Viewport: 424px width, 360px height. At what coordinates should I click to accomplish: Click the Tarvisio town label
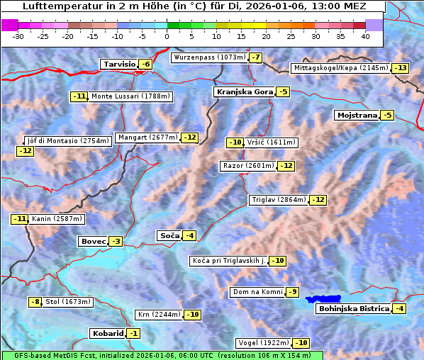pyautogui.click(x=118, y=64)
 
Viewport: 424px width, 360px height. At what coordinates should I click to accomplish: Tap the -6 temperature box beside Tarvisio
pyautogui.click(x=145, y=64)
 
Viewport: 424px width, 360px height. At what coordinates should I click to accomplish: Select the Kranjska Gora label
pyautogui.click(x=244, y=92)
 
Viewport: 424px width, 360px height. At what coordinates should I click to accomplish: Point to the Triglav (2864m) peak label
pyautogui.click(x=279, y=200)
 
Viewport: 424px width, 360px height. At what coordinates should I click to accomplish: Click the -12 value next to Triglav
pyautogui.click(x=318, y=200)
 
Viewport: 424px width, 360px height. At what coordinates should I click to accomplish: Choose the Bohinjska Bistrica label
pyautogui.click(x=354, y=309)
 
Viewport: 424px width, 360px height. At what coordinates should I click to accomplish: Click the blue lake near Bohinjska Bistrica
pyautogui.click(x=323, y=300)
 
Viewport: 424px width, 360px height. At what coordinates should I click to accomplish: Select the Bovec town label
pyautogui.click(x=94, y=242)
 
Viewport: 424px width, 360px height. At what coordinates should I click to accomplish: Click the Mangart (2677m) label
pyautogui.click(x=147, y=137)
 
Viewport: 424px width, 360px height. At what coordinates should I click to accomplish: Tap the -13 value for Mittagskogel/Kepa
pyautogui.click(x=401, y=68)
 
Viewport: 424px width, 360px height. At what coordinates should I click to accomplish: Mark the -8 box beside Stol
pyautogui.click(x=35, y=302)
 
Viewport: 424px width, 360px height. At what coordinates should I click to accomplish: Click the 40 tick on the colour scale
pyautogui.click(x=365, y=36)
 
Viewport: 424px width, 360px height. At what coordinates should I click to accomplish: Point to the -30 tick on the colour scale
pyautogui.click(x=18, y=36)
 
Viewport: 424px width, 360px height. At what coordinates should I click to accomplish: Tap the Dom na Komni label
pyautogui.click(x=257, y=292)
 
